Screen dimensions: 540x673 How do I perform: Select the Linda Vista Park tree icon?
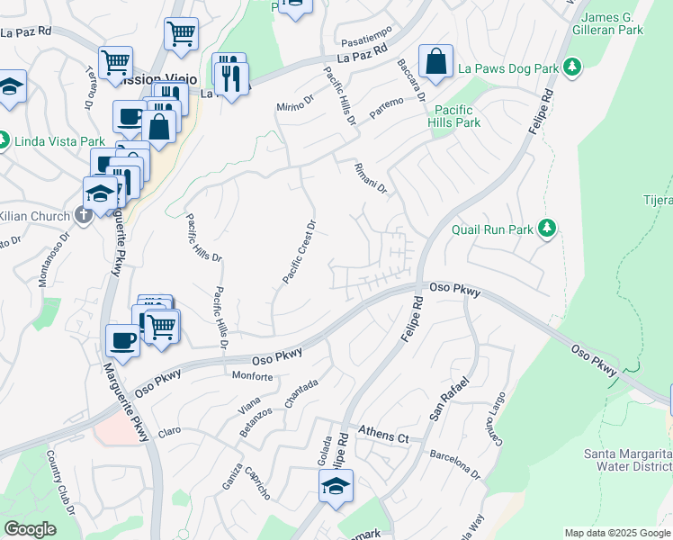(x=4, y=140)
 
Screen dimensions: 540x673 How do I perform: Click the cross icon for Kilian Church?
(x=84, y=215)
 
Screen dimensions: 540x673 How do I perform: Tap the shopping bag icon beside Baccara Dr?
(x=435, y=62)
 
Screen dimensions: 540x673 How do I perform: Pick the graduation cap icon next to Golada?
(x=336, y=487)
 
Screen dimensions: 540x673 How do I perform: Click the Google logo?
(x=31, y=529)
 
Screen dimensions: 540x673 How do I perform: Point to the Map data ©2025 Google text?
(x=616, y=533)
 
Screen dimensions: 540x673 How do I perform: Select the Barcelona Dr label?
(x=455, y=459)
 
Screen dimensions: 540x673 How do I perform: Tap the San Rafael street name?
(x=450, y=400)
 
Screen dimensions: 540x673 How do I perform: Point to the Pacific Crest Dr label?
(x=300, y=252)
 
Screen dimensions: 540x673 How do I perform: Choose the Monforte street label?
(x=253, y=376)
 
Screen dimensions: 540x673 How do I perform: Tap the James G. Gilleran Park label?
(x=613, y=23)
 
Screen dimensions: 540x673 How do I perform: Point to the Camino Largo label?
(x=498, y=418)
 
